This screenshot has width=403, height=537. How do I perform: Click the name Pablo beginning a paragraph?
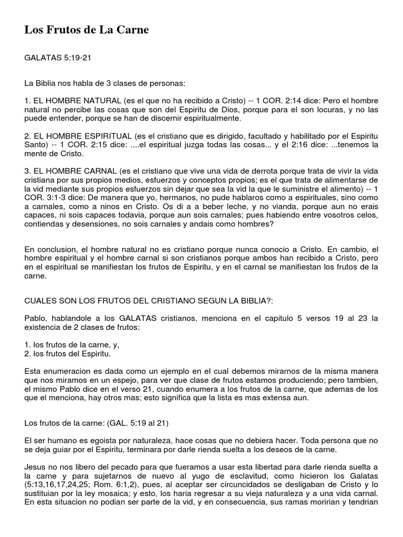click(36, 319)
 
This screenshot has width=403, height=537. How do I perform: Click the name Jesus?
click(36, 467)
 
